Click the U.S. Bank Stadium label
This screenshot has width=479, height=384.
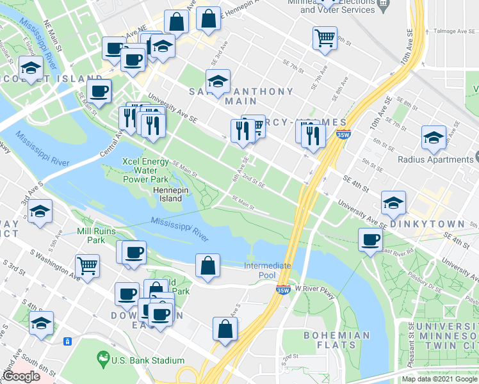click(139, 361)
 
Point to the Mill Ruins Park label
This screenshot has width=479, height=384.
click(90, 236)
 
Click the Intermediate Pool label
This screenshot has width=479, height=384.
click(268, 270)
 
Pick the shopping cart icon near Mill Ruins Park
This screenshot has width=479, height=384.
click(87, 264)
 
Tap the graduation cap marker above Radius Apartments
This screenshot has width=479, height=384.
click(434, 136)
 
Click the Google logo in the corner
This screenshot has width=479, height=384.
click(21, 376)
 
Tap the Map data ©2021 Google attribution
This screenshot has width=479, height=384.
click(439, 379)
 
